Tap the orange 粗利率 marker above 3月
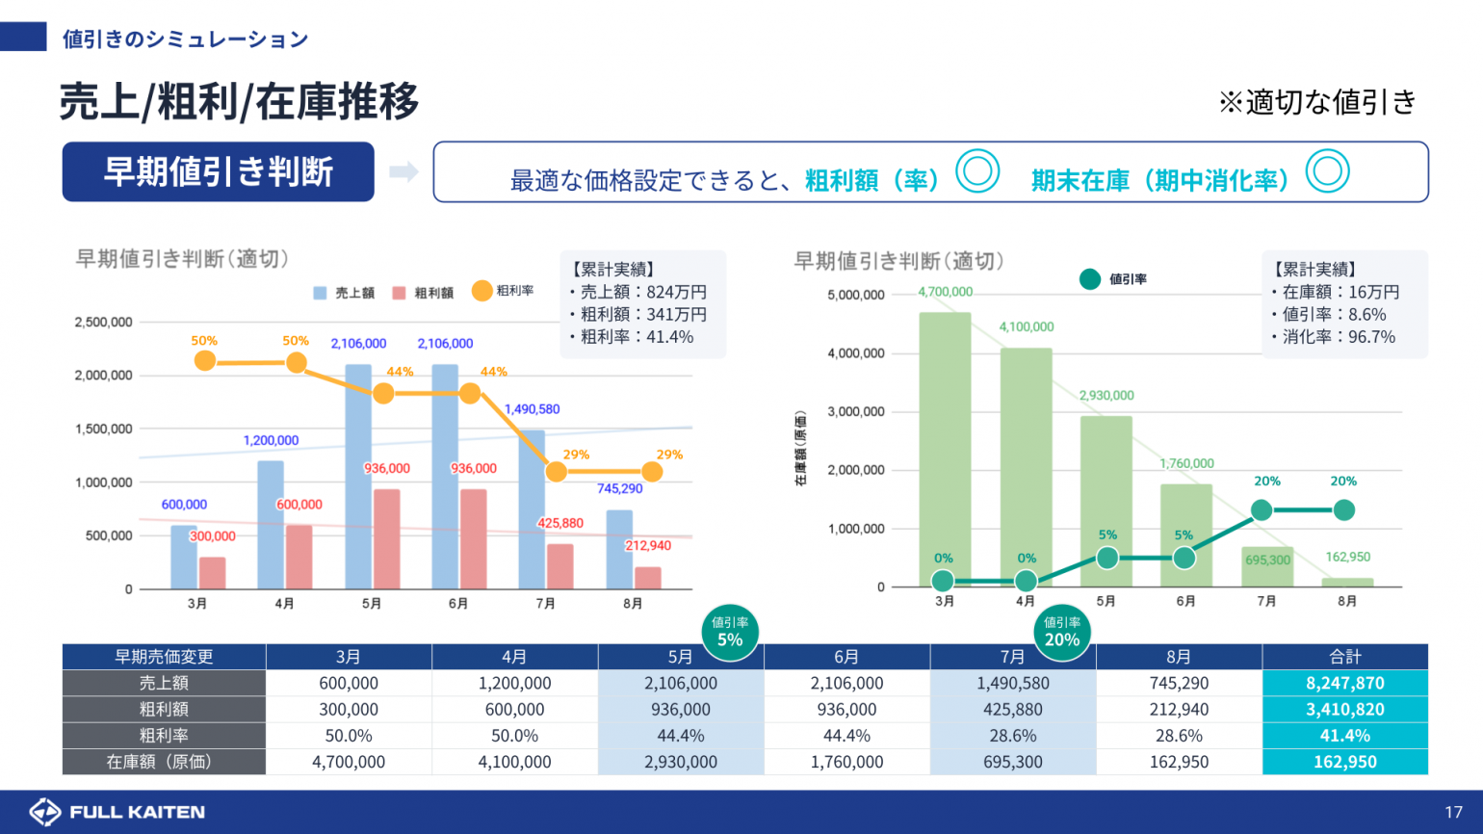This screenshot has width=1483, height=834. point(204,361)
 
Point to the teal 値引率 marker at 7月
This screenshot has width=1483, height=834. point(1262,510)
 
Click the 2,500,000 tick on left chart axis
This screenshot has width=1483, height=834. point(104,323)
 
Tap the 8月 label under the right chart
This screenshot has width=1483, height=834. point(1346,601)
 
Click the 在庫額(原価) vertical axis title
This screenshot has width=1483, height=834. point(800,448)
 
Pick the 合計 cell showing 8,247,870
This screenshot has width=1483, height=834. point(1344,683)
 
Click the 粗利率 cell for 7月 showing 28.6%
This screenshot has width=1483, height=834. point(1012,736)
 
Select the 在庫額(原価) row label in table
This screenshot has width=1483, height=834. point(164,762)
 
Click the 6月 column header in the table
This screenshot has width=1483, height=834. point(846,657)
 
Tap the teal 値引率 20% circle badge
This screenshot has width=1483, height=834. point(1062,633)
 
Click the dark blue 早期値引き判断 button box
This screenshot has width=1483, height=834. point(218,171)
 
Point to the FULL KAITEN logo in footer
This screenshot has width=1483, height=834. point(117,812)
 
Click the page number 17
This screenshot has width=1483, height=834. point(1453,812)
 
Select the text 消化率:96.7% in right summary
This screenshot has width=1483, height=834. point(1338,337)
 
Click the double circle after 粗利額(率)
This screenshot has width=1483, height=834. point(977,171)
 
